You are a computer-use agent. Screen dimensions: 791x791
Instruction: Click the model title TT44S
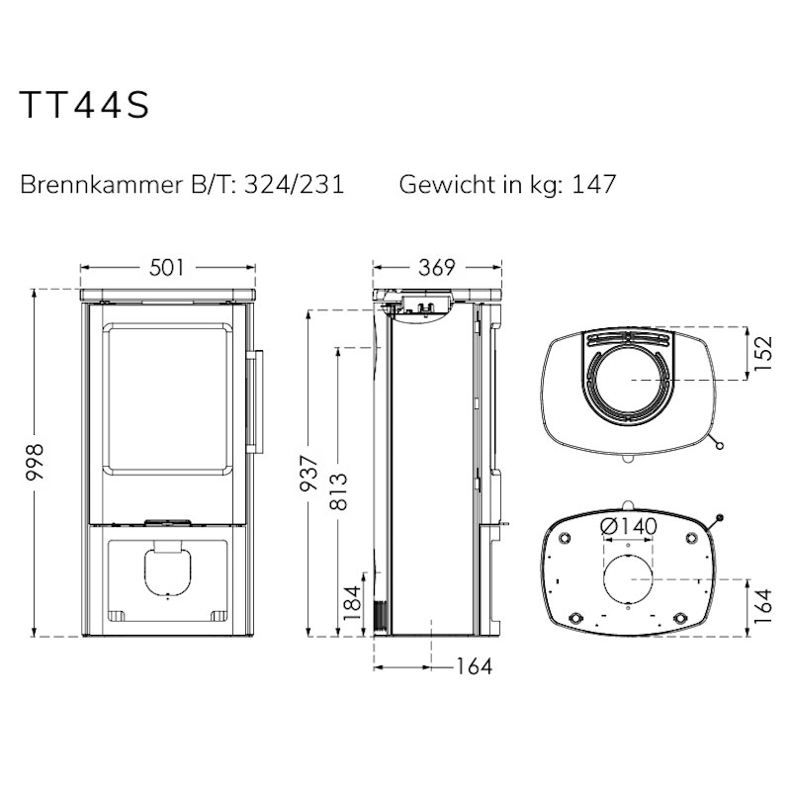pos(84,105)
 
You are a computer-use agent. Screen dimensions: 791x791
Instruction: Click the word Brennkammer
pos(101,185)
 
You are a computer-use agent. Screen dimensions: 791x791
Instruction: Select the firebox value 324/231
pos(294,185)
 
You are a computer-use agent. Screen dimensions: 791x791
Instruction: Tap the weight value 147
pos(594,184)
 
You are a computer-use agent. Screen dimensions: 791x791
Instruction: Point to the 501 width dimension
pos(167,268)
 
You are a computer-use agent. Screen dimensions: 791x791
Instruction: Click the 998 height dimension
pos(36,462)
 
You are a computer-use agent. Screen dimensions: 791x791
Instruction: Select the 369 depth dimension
pos(437,268)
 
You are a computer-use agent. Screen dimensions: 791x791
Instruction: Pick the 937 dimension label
pos(308,474)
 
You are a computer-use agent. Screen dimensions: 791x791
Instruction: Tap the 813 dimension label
pos(339,491)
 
